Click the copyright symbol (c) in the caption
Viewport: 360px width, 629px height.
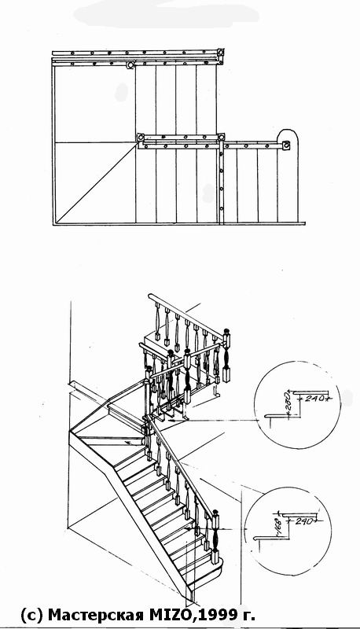coord(31,614)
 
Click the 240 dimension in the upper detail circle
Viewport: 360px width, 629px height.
coord(314,399)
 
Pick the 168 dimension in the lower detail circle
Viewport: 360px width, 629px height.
coord(279,525)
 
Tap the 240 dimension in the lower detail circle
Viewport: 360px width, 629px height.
coord(305,521)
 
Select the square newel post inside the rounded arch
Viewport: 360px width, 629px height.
coord(286,145)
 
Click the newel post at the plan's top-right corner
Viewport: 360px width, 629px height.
coord(220,52)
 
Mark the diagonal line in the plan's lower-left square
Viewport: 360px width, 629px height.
coord(96,184)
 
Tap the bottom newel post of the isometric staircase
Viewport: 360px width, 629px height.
coord(215,537)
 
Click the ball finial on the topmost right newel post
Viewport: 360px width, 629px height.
coord(226,330)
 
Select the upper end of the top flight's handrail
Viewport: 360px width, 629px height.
coord(150,296)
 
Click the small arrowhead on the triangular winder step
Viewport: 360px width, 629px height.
coord(127,443)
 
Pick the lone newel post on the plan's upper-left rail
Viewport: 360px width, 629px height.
coord(130,65)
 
